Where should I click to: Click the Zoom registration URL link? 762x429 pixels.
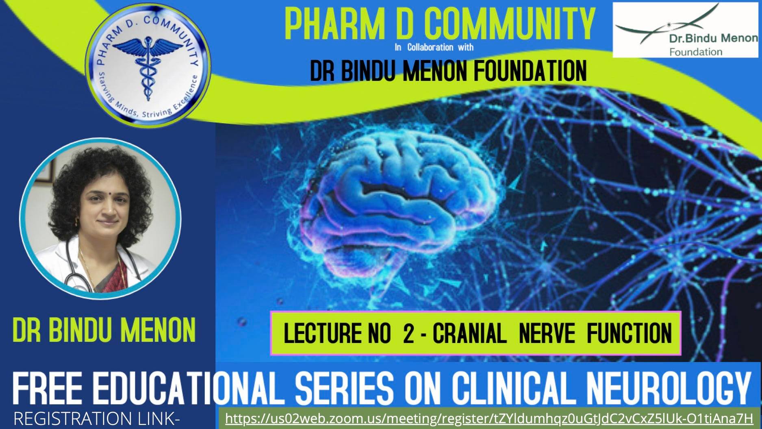point(489,418)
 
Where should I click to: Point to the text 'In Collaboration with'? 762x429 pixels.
point(434,47)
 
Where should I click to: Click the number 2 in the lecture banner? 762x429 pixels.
point(408,333)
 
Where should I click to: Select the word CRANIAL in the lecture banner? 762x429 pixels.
point(469,333)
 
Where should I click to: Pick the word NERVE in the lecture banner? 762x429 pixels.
point(547,333)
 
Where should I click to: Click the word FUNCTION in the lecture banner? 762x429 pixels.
point(629,333)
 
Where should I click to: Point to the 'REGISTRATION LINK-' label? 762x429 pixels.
point(97,419)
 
